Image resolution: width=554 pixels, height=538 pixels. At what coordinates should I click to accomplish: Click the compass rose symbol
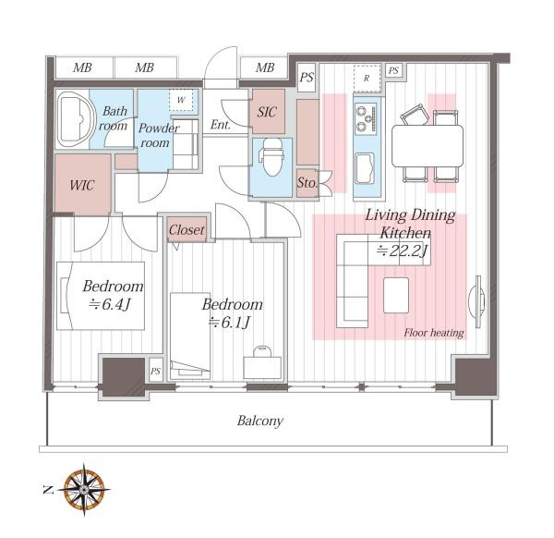[x=84, y=490]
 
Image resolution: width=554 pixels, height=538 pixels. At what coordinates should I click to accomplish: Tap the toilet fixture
[x=271, y=157]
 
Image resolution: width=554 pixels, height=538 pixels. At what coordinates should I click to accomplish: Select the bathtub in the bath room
[x=76, y=119]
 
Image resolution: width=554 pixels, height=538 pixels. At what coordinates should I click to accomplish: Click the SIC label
[x=267, y=112]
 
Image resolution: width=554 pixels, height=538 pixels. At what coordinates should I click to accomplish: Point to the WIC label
[x=82, y=185]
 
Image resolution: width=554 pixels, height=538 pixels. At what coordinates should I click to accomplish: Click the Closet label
[x=187, y=230]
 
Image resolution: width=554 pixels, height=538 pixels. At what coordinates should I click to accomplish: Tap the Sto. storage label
[x=307, y=182]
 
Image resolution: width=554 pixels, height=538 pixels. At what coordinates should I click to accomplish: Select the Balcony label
[x=260, y=421]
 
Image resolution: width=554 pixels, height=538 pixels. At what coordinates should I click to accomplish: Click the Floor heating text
[x=434, y=333]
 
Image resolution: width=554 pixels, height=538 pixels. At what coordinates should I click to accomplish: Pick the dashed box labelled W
[x=181, y=100]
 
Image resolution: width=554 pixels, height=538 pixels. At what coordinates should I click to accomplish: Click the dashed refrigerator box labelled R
[x=367, y=79]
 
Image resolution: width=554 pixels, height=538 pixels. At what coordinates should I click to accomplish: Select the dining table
[x=428, y=146]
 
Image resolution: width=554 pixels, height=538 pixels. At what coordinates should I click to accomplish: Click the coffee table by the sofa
[x=396, y=296]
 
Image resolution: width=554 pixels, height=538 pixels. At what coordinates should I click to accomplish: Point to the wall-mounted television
[x=476, y=302]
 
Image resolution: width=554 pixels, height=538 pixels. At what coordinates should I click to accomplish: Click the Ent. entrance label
[x=221, y=125]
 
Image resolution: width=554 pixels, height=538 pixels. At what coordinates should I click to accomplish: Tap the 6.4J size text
[x=110, y=304]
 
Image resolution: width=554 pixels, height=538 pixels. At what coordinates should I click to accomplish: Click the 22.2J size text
[x=402, y=251]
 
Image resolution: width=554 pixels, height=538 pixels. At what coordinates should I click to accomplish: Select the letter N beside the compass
[x=48, y=490]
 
